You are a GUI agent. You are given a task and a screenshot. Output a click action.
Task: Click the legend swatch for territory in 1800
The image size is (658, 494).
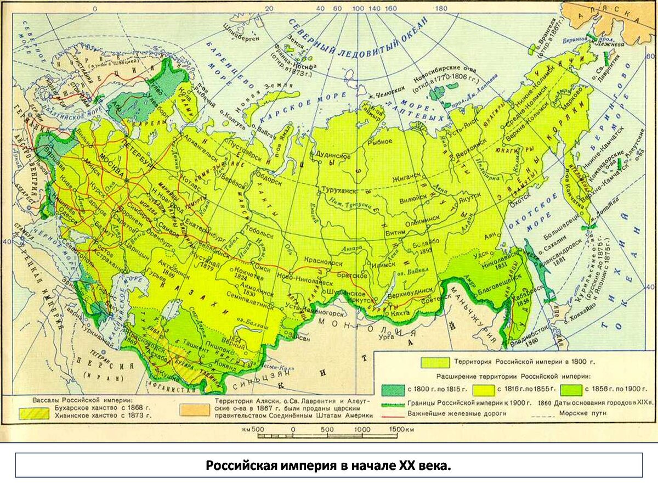point(434,362)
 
